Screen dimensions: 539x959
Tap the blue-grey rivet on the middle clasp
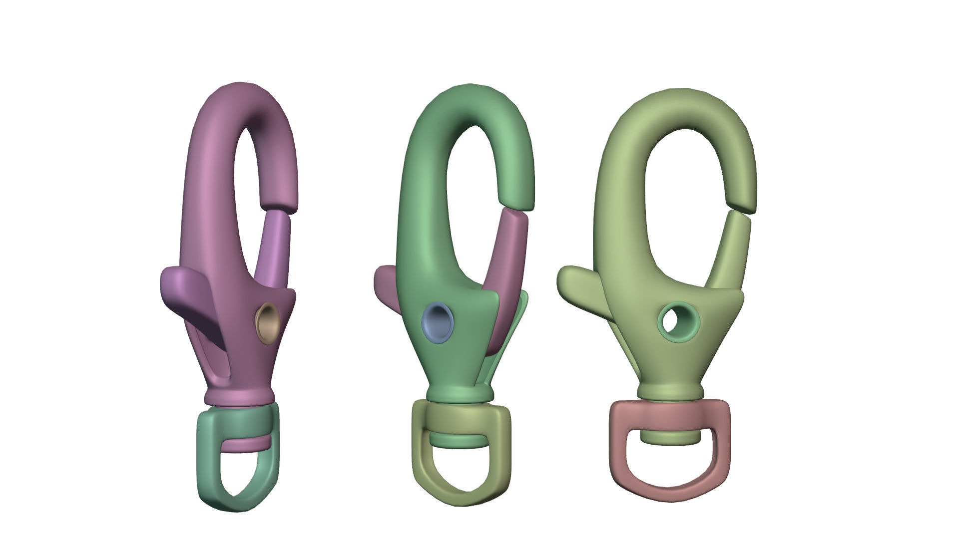[x=438, y=322]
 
